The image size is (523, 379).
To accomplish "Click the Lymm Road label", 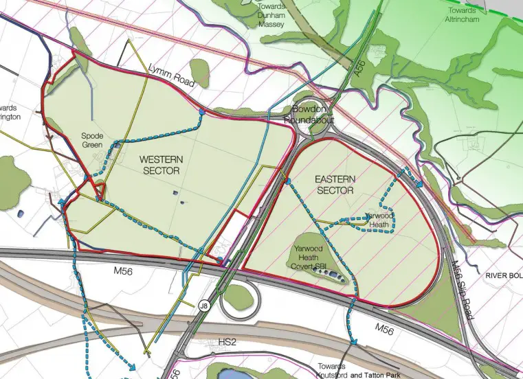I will pos(172,75).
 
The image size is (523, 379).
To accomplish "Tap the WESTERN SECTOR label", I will pos(159,165).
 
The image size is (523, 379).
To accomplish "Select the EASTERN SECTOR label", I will pos(335,184).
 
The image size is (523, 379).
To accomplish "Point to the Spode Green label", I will pos(91,140).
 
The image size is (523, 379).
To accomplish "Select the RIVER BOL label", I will pos(504,275).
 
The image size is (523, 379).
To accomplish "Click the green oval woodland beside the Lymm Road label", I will pos(199,72).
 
